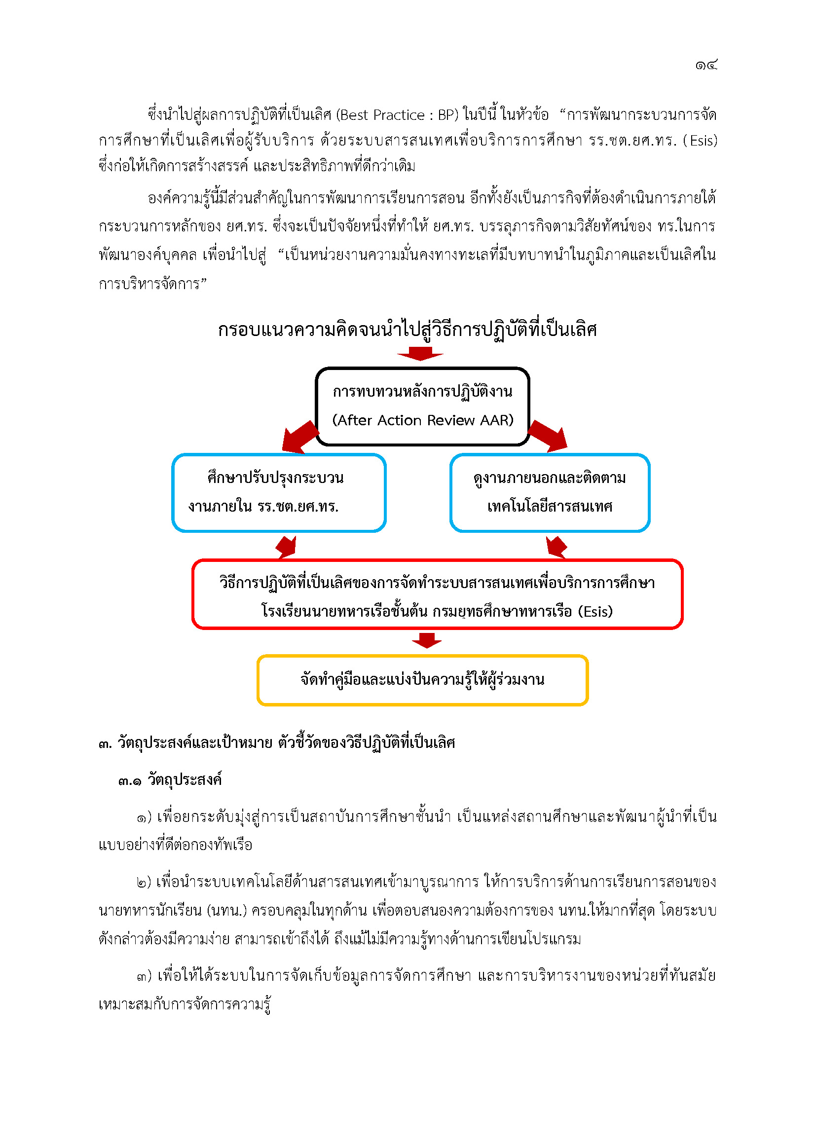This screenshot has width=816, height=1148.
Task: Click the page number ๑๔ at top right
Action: click(x=706, y=65)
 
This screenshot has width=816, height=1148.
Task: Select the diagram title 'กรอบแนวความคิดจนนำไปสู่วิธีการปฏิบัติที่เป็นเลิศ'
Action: click(x=408, y=330)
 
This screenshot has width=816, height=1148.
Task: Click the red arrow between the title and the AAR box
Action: click(x=420, y=354)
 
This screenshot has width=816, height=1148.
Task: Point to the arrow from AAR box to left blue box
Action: click(x=300, y=437)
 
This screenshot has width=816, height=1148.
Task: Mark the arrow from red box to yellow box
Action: click(x=427, y=640)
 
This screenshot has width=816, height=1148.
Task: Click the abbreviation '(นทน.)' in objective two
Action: click(x=226, y=911)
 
